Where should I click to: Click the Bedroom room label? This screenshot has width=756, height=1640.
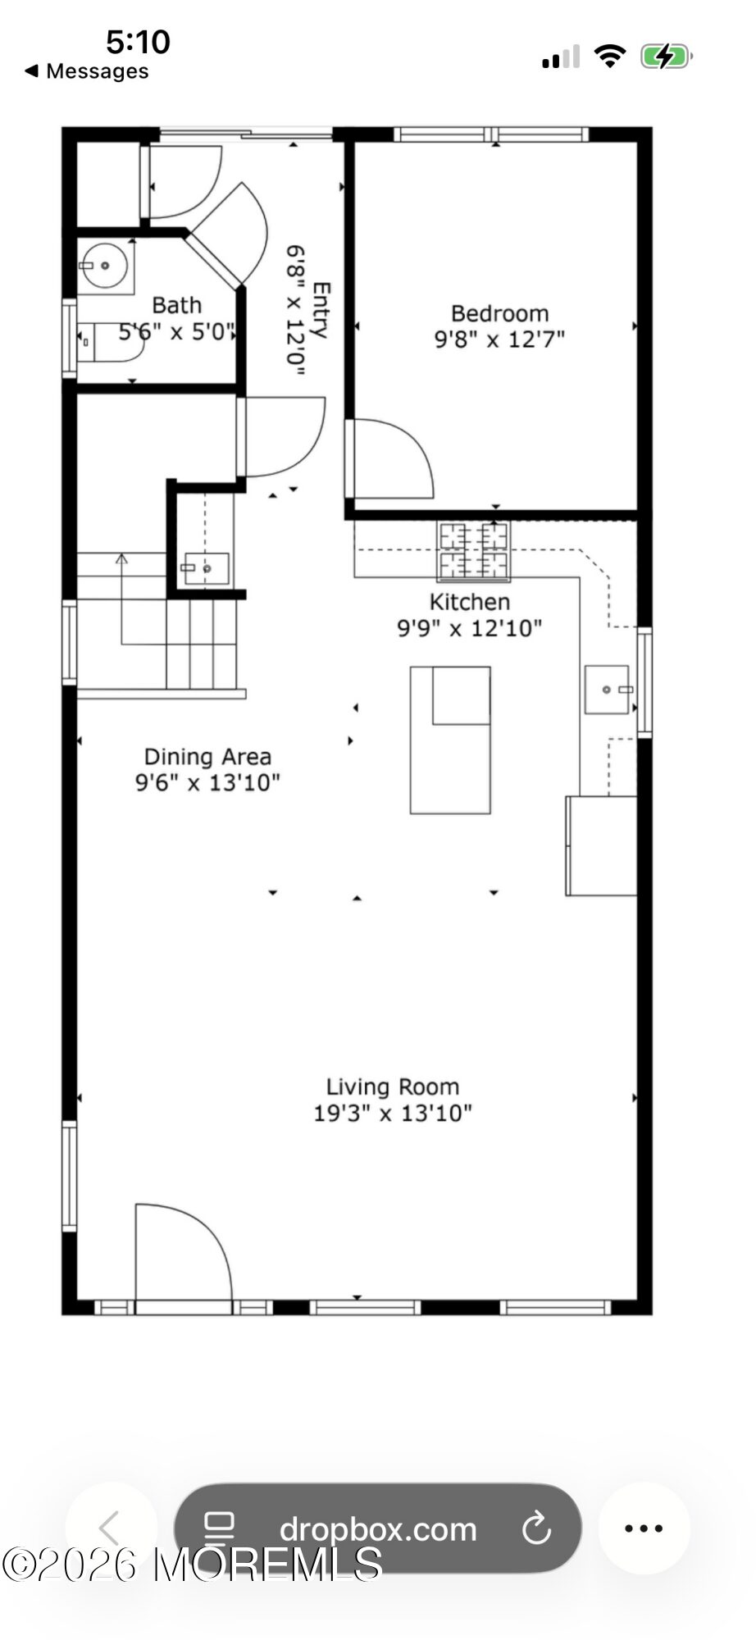[499, 313]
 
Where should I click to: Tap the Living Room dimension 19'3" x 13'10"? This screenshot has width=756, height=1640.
[393, 1113]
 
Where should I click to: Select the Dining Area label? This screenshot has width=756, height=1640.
[207, 756]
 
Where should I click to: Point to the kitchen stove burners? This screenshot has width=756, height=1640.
[473, 552]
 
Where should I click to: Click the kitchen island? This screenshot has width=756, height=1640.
[450, 740]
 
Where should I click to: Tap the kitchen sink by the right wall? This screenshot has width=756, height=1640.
[608, 690]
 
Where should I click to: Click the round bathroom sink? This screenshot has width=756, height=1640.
[105, 266]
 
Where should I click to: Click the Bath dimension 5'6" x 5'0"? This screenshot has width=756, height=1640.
[177, 332]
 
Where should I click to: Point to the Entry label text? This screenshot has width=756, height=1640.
[321, 311]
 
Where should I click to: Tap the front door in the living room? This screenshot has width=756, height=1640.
[183, 1252]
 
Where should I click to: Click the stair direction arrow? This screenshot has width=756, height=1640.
[121, 599]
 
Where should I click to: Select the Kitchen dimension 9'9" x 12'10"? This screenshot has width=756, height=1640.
[470, 628]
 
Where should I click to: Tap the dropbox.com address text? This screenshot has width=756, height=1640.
[378, 1529]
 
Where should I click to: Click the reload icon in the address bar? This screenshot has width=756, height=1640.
[536, 1528]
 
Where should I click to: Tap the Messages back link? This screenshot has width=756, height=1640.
[87, 71]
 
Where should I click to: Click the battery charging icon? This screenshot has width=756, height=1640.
[667, 57]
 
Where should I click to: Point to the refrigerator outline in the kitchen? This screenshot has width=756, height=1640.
[601, 845]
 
